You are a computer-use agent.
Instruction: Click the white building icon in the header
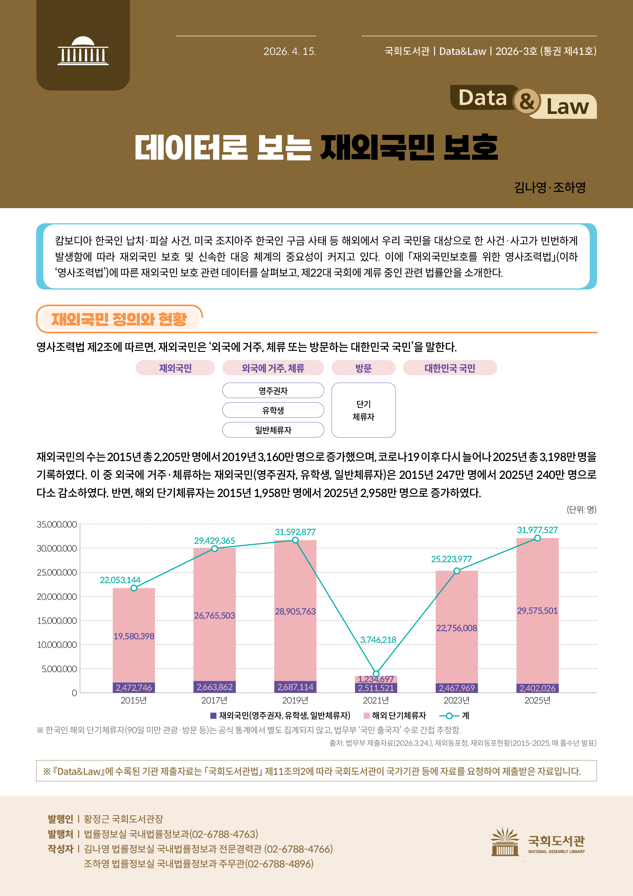click(83, 51)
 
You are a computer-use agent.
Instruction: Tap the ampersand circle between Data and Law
click(527, 101)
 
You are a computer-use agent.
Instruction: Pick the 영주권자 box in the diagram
click(273, 391)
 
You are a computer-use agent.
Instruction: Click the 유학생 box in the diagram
click(273, 410)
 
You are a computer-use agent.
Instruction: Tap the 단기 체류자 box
click(363, 410)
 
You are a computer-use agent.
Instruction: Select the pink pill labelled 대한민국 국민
click(450, 368)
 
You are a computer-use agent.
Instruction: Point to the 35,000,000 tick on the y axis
click(57, 524)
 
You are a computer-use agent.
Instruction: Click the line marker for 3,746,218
click(376, 674)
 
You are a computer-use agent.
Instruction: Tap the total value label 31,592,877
click(295, 532)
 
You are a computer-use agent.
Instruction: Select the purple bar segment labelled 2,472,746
click(134, 688)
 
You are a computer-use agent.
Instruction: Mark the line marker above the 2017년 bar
click(214, 549)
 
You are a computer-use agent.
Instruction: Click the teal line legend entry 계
click(454, 715)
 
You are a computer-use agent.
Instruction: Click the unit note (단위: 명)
click(581, 509)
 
